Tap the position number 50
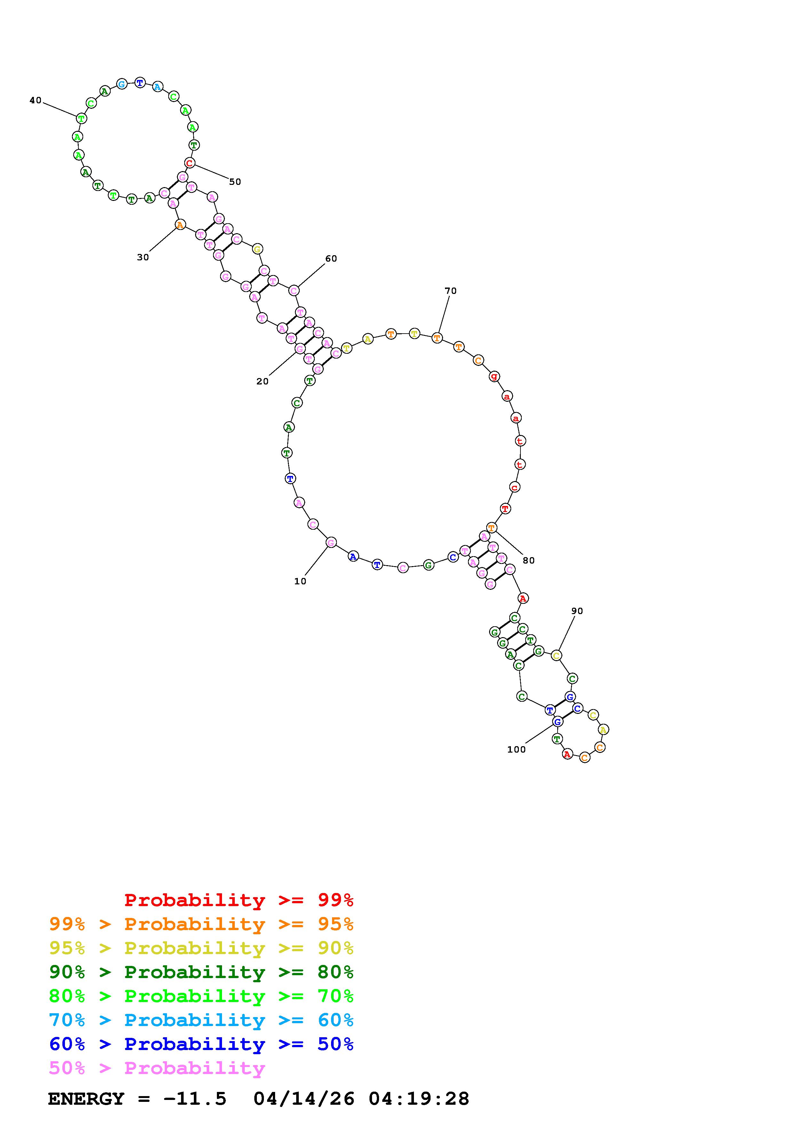pos(235,182)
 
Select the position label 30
pos(143,257)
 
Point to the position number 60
pos(331,258)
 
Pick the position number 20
pos(262,382)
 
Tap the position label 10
pos(300,581)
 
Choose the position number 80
pos(529,560)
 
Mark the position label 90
pos(577,611)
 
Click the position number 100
pos(516,750)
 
